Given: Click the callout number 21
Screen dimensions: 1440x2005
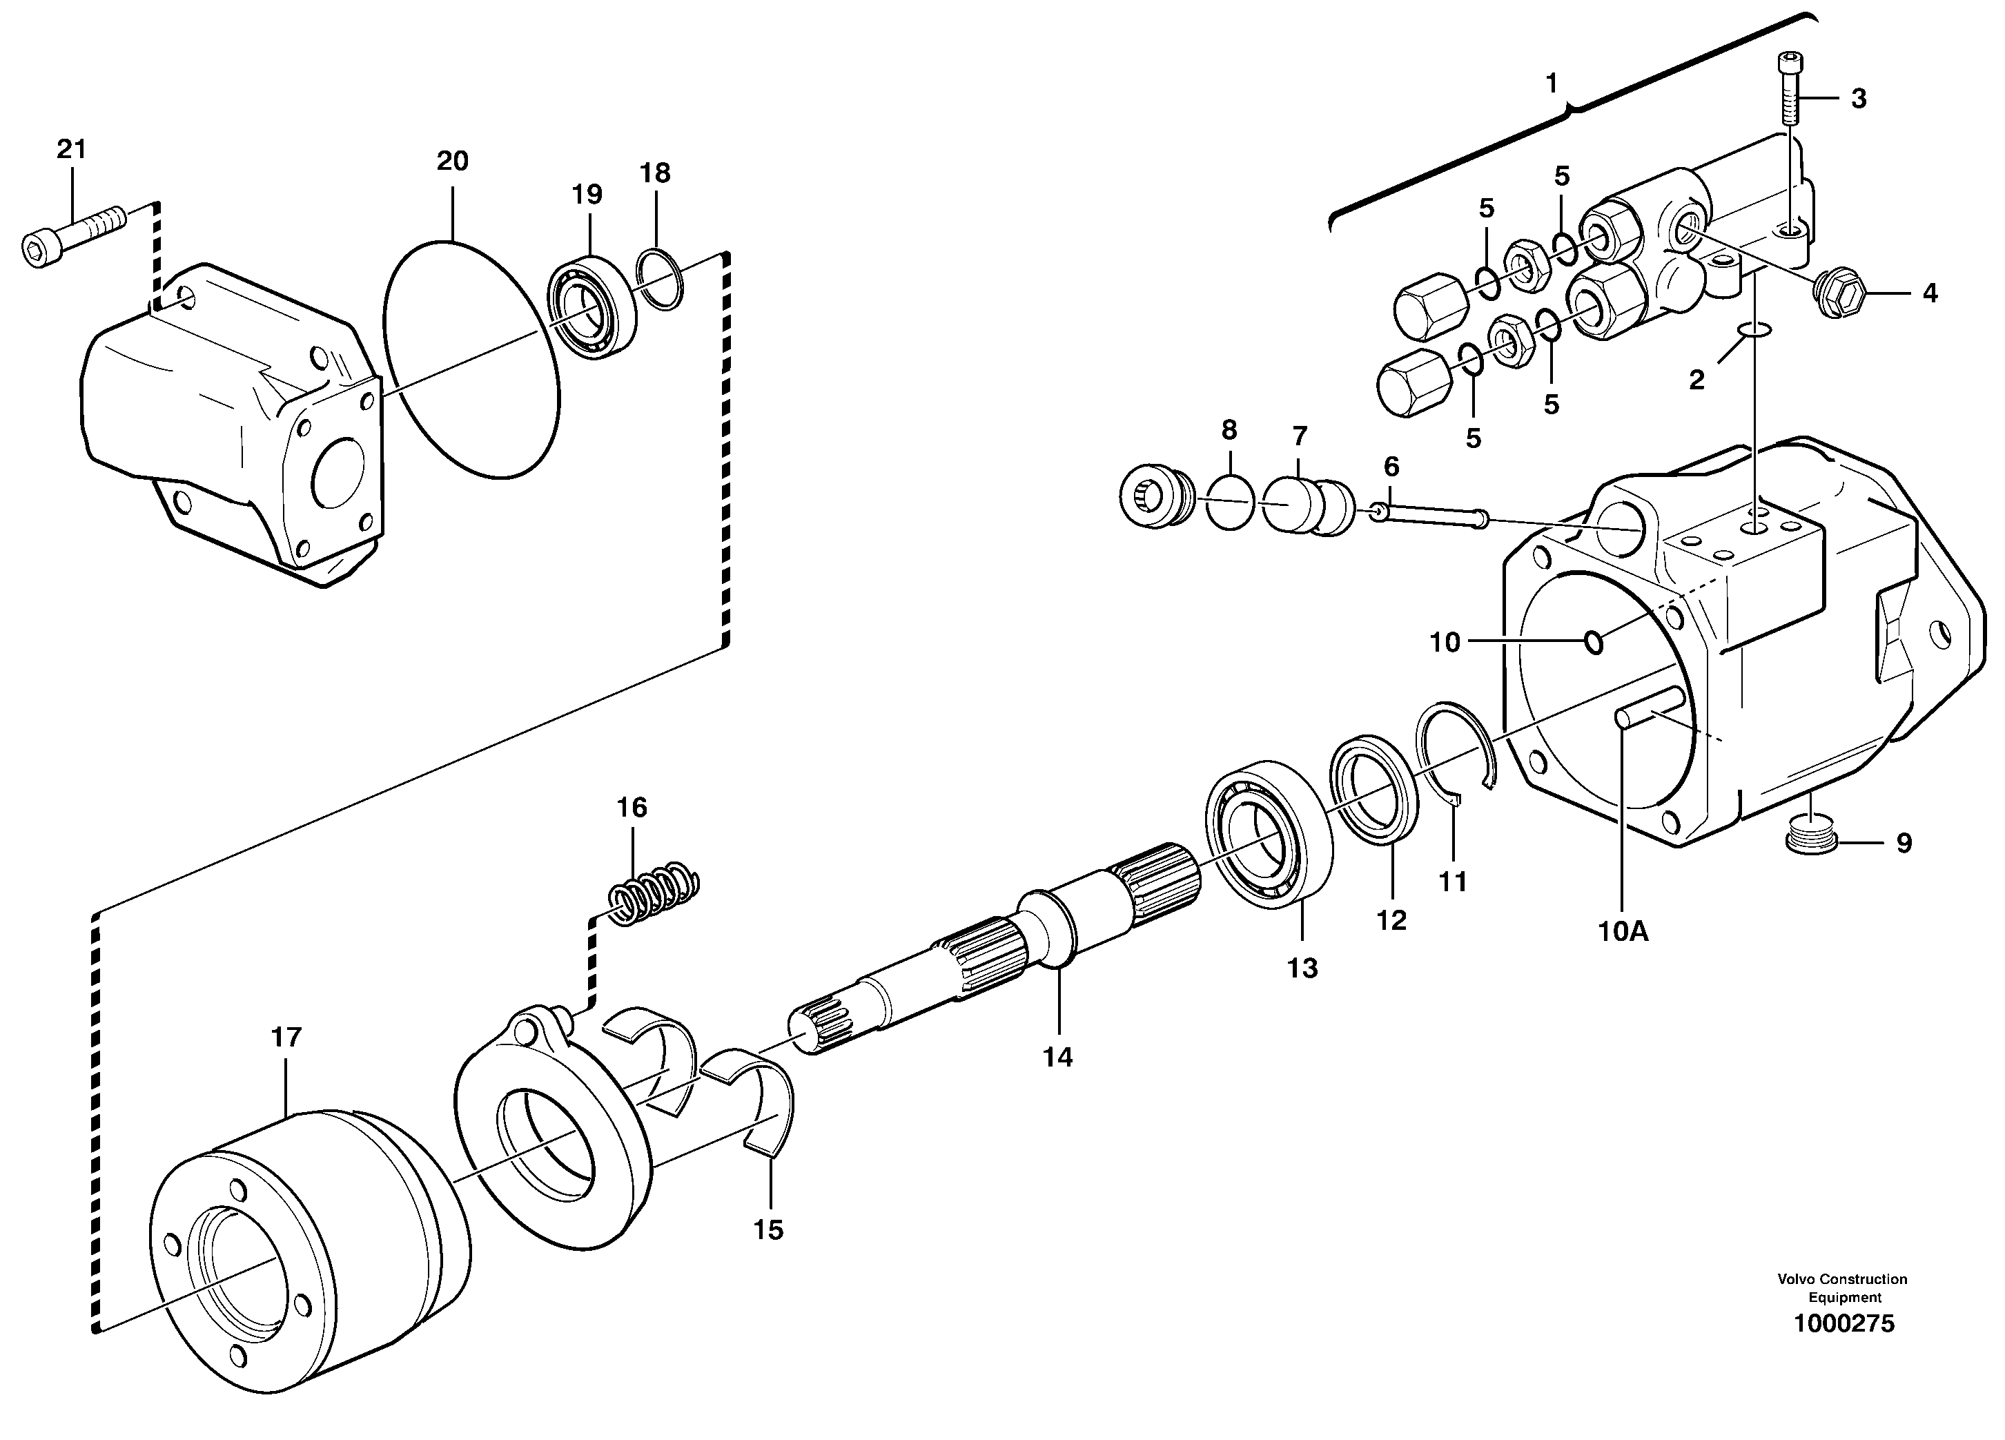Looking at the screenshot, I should click(x=72, y=149).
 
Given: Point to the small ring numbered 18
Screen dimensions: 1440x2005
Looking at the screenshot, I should click(x=661, y=281).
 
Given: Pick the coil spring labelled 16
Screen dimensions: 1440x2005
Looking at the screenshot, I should click(x=656, y=892).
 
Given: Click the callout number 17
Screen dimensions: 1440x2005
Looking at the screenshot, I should click(x=286, y=1037).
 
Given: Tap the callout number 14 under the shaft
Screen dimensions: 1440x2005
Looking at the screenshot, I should click(x=1057, y=1058).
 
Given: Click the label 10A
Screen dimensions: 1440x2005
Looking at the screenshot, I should click(x=1623, y=931).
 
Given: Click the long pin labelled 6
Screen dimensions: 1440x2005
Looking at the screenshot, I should click(x=1429, y=516).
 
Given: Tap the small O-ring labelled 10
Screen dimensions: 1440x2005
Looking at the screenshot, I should click(x=1594, y=643).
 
